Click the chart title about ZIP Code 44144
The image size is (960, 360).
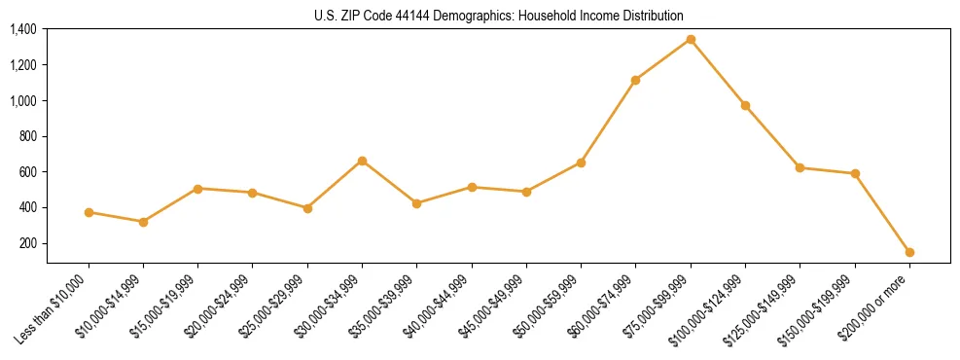(x=499, y=16)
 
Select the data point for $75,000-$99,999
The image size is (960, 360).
(x=691, y=40)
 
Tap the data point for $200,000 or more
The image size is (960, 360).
(x=909, y=252)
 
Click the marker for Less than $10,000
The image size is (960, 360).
(x=89, y=212)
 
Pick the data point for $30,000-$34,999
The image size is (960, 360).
(x=362, y=161)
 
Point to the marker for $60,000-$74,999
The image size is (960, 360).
(x=635, y=80)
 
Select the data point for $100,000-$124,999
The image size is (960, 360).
(x=745, y=105)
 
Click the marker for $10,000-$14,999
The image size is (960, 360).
(x=143, y=222)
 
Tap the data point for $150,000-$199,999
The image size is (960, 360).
(x=855, y=173)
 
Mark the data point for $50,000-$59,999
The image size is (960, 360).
(x=581, y=162)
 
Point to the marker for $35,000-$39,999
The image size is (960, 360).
(x=416, y=203)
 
